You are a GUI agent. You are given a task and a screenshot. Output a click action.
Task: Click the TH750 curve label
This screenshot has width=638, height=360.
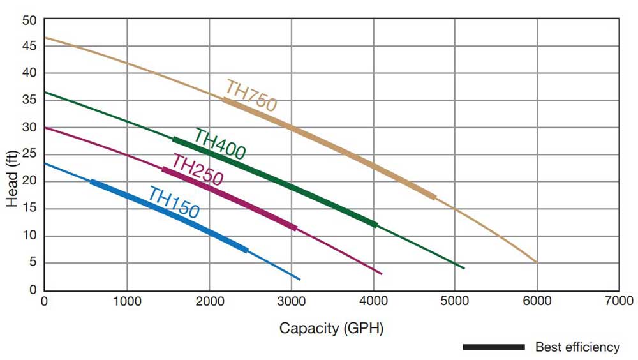click(x=251, y=96)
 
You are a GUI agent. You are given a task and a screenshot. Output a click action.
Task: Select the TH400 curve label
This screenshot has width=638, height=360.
click(x=219, y=144)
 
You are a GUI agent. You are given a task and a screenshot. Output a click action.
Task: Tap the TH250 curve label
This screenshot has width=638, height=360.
click(x=197, y=170)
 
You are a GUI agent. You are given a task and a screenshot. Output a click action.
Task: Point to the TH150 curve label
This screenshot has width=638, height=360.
click(x=174, y=202)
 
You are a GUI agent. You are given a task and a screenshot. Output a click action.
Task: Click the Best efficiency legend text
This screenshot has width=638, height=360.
click(x=577, y=347)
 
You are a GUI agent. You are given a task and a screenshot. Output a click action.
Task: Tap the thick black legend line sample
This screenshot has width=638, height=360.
click(x=493, y=347)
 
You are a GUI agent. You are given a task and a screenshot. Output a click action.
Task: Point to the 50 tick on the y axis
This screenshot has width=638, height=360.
click(x=30, y=20)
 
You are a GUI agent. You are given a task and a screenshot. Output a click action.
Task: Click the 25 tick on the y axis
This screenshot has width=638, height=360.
click(x=30, y=154)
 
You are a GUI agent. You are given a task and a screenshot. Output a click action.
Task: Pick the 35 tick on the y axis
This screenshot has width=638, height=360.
click(x=30, y=100)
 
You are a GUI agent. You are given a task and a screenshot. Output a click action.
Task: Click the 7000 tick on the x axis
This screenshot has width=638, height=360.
click(x=618, y=300)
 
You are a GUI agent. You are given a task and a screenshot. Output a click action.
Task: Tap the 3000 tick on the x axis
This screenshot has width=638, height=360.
click(x=291, y=300)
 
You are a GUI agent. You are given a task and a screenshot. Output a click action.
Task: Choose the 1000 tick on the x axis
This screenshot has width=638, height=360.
click(x=126, y=300)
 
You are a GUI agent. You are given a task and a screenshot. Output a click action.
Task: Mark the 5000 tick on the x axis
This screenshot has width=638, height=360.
click(x=454, y=300)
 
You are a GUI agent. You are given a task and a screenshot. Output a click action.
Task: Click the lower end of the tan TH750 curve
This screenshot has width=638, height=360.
click(x=536, y=262)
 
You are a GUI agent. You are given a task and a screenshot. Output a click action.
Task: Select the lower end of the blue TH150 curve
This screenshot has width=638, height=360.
click(x=299, y=280)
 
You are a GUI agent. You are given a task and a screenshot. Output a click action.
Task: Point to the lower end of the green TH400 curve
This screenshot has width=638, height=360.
click(x=464, y=268)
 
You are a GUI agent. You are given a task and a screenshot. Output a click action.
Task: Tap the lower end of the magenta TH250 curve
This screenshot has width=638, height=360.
click(x=381, y=274)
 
